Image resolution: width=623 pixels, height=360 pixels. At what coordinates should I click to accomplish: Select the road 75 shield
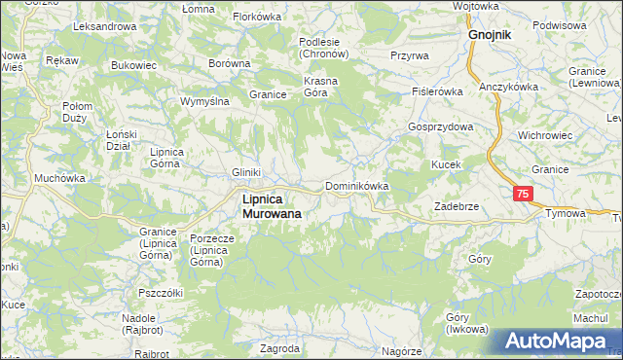[x=524, y=195]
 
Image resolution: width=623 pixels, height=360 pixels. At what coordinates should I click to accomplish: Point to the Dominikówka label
[x=357, y=186]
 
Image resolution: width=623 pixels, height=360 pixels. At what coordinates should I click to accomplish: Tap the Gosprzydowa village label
[x=441, y=127]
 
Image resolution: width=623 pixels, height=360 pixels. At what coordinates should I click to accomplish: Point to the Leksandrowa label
[x=103, y=26]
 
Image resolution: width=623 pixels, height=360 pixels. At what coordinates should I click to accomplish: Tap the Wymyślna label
[x=204, y=101]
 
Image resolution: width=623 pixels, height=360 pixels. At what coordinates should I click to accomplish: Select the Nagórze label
[x=401, y=351]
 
